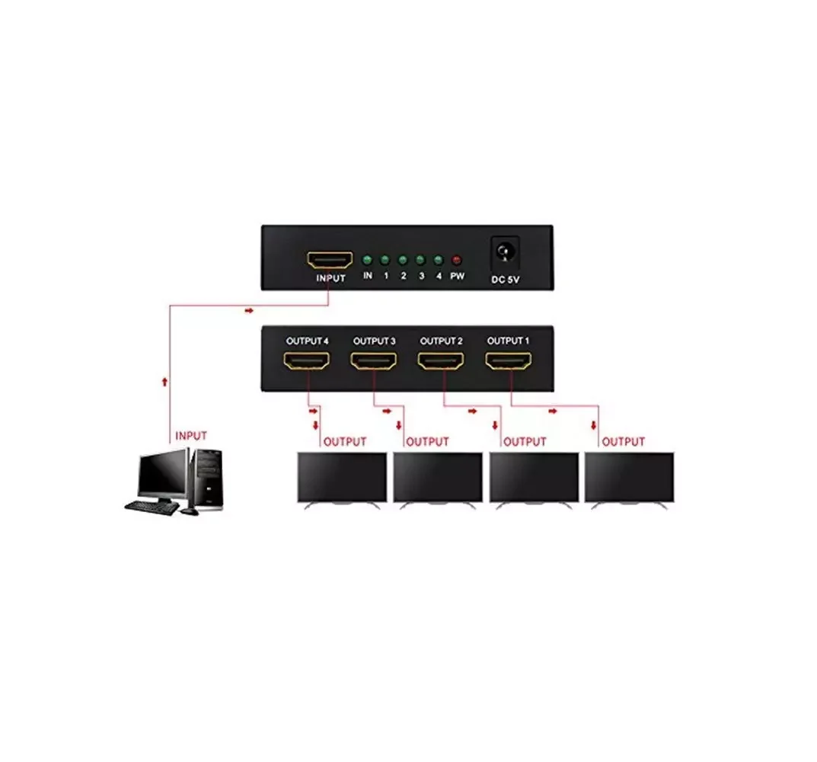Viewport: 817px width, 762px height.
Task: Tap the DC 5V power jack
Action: (503, 249)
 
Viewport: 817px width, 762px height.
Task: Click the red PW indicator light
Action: (457, 259)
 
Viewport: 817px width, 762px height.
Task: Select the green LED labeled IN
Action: (367, 259)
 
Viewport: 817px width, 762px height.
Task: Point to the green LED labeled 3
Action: (421, 259)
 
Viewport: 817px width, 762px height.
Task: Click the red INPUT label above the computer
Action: (191, 436)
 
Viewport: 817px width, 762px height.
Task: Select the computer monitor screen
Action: (161, 475)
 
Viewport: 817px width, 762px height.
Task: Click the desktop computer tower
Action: (208, 479)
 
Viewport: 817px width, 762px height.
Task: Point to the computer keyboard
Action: (152, 507)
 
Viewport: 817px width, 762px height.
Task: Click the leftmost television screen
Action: (340, 477)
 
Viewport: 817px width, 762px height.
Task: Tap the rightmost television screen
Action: (629, 477)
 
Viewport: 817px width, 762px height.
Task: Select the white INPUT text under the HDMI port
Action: (330, 278)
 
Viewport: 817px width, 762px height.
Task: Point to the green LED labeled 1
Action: (385, 259)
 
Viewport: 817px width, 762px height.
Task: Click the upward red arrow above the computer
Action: (164, 379)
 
